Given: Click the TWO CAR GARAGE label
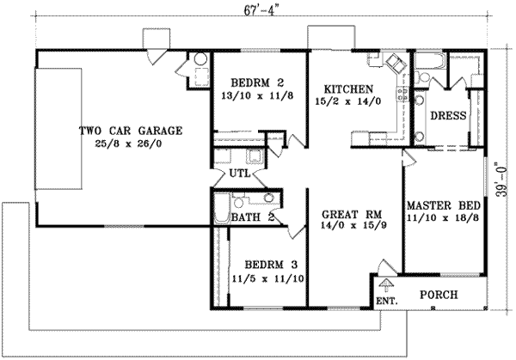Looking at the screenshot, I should coord(130,131).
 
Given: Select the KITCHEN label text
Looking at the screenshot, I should coord(348,88).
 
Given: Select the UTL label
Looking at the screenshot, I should coord(239,173).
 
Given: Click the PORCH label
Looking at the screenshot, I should coord(438,295).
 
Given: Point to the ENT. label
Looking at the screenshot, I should coord(386,301).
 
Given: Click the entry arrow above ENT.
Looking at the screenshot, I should coord(386,284).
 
